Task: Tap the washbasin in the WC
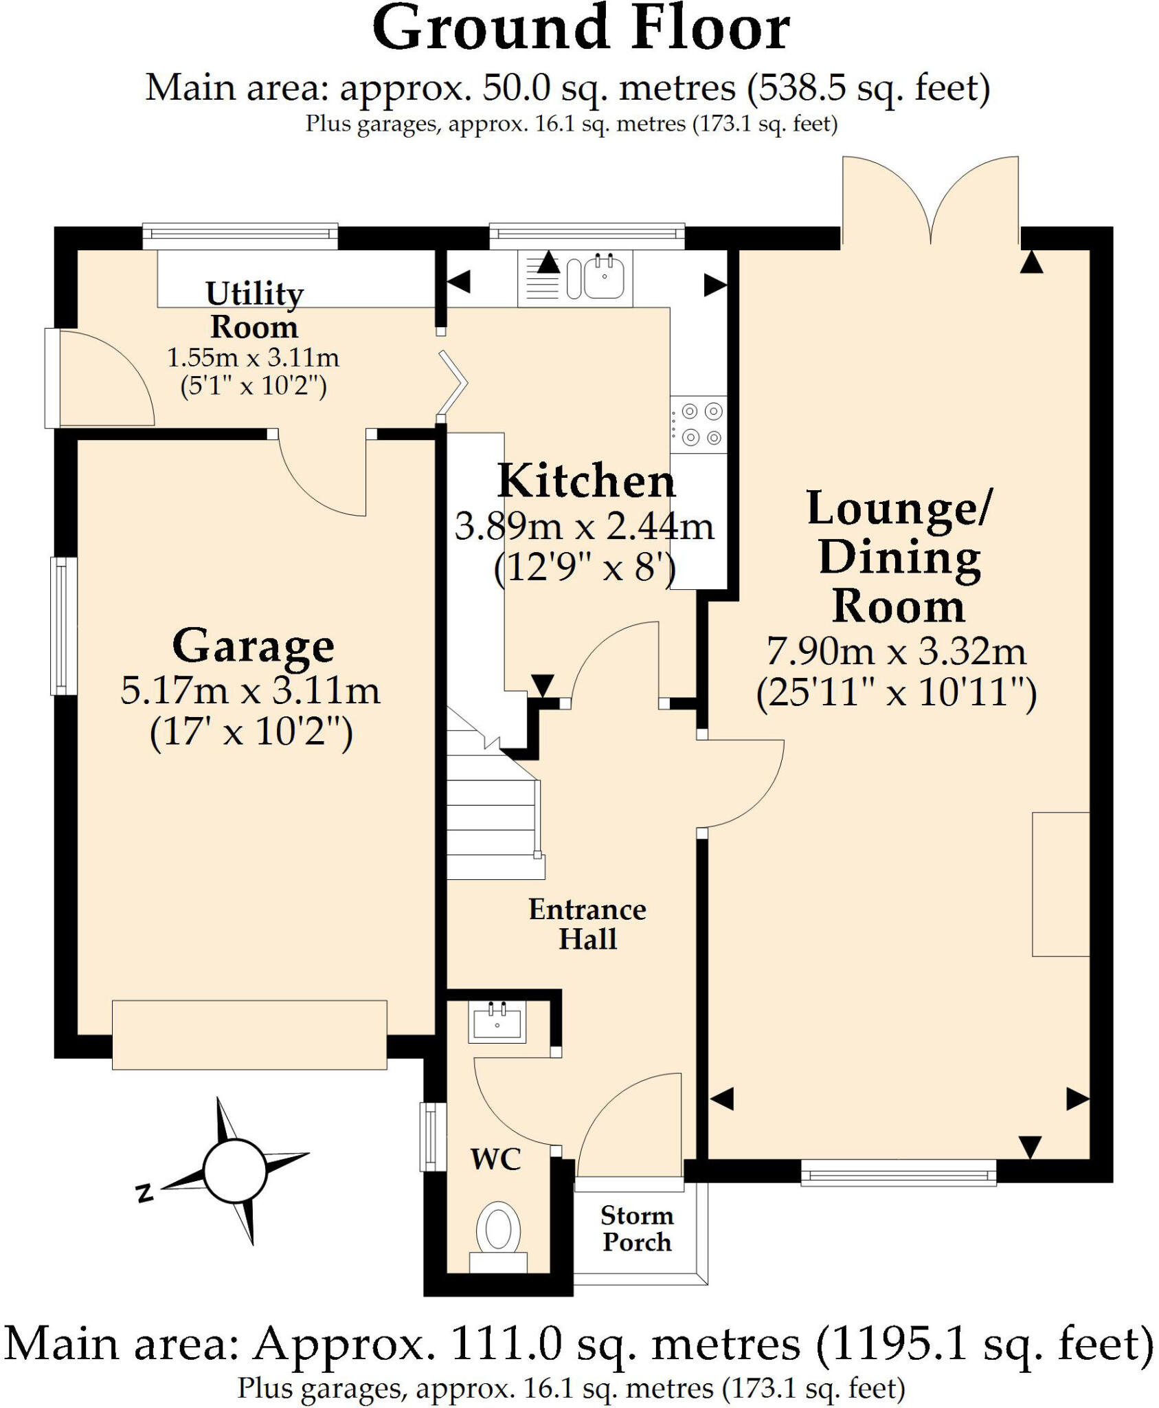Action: (497, 1022)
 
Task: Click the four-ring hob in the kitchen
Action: (699, 424)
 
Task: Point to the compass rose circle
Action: (235, 1171)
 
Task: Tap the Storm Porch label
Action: (637, 1229)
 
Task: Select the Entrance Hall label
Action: (587, 924)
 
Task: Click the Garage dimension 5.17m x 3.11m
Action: (250, 690)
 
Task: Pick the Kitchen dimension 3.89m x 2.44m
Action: (585, 527)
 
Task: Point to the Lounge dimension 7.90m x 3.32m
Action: (897, 651)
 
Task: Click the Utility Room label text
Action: (254, 310)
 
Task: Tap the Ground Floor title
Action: (581, 29)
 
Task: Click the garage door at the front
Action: (249, 1035)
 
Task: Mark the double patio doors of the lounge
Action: (931, 201)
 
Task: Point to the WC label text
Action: (496, 1160)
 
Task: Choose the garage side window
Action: (63, 625)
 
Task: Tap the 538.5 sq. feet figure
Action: (868, 89)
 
